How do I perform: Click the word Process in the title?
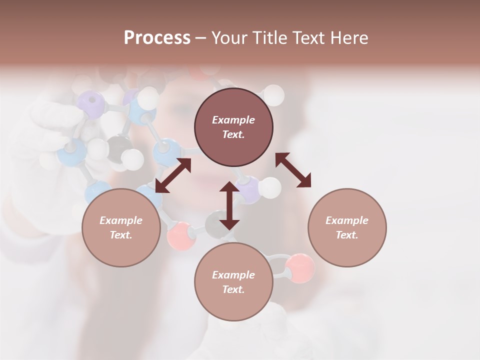pos(157,37)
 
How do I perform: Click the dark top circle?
pos(233,127)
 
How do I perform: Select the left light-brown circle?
pos(121,227)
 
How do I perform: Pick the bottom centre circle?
pos(233,281)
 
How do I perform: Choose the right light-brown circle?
pos(347,227)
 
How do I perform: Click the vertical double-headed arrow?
pos(229,205)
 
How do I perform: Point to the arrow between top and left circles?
pos(173,175)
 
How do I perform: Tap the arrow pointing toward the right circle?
pos(293,170)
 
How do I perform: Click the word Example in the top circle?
pos(233,120)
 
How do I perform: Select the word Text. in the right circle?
pos(347,235)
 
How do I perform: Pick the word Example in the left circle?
pos(121,220)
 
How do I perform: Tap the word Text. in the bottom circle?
pos(233,289)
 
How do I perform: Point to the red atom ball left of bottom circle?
pos(181,236)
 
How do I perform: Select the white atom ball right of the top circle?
pos(273,94)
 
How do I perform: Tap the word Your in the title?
pos(227,37)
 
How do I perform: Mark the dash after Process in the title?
pos(200,38)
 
